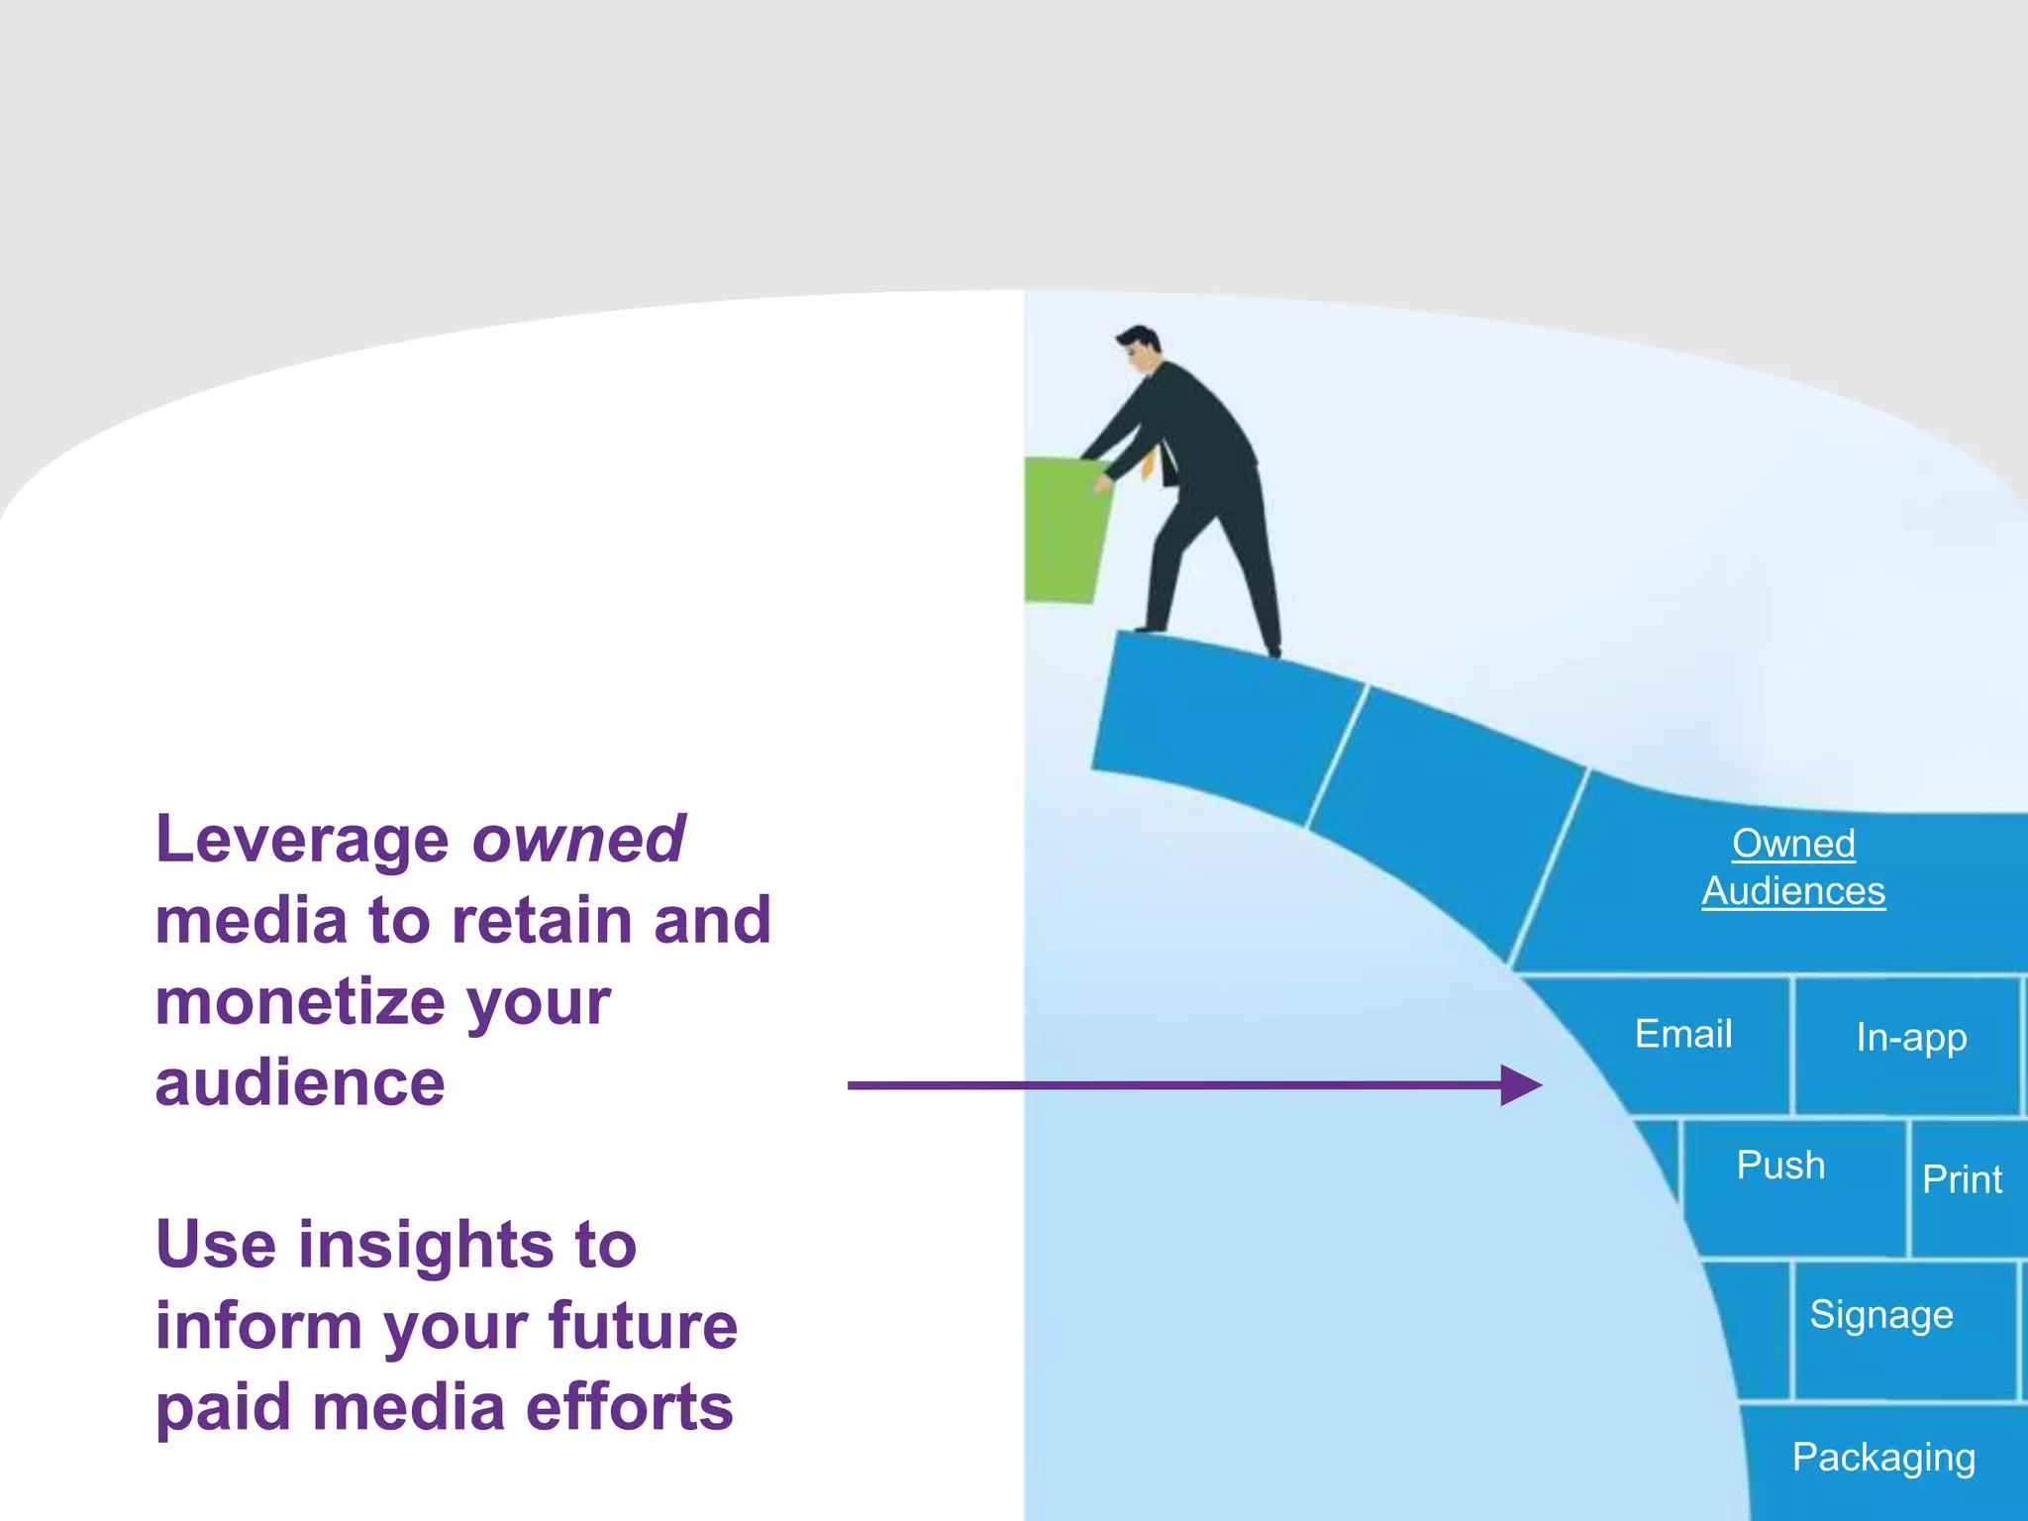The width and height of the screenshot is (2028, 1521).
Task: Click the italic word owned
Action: click(578, 840)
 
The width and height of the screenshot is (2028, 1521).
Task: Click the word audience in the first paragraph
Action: click(300, 1083)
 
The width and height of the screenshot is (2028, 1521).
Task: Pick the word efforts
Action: click(629, 1407)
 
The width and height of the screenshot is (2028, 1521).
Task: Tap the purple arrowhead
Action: click(1520, 1085)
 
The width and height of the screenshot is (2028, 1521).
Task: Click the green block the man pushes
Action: click(1065, 530)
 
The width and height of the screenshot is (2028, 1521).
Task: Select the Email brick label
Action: click(1683, 1034)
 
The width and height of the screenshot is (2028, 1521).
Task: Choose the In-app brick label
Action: click(1911, 1038)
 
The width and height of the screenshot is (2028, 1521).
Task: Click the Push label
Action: click(1780, 1166)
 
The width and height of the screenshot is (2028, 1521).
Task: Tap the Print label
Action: click(1962, 1179)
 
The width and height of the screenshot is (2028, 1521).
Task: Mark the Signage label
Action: click(1881, 1315)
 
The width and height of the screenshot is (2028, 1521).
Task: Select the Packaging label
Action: click(1883, 1458)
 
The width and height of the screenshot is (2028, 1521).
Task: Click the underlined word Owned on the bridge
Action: click(1793, 844)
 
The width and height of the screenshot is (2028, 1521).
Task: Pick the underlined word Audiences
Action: click(1793, 891)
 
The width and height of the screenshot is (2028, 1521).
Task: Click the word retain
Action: click(541, 921)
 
